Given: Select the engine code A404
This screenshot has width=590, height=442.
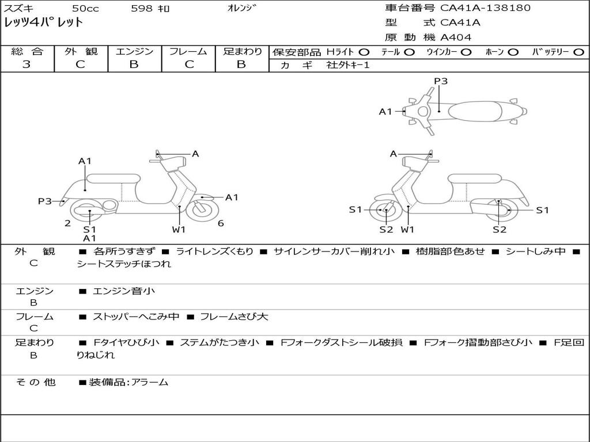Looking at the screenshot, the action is click(456, 37).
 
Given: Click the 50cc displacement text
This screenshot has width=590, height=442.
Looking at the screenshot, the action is click(84, 9).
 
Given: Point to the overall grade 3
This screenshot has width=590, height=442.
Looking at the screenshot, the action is click(27, 64).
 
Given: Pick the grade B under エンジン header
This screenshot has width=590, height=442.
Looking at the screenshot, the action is click(134, 64).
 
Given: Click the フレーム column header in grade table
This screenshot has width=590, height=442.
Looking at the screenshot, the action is click(188, 51).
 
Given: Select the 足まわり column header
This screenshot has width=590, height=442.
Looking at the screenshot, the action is click(243, 51).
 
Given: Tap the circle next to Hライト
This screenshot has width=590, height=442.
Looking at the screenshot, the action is click(364, 52).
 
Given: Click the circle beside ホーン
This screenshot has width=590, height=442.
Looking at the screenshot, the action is click(513, 52).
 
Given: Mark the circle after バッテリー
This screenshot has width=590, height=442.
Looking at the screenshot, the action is click(578, 52).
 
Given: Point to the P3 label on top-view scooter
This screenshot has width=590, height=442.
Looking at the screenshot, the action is click(441, 81).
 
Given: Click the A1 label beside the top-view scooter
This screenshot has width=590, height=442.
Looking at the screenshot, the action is click(385, 112).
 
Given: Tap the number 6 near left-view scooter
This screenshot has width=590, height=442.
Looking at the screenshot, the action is click(221, 223).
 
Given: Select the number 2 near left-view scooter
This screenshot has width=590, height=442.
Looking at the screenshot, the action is click(67, 223).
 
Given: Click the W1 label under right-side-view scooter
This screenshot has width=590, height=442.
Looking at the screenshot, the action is click(407, 230).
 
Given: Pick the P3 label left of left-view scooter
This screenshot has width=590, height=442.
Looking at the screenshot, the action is click(45, 201).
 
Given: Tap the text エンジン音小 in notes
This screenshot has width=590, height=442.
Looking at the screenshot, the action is click(124, 291).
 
